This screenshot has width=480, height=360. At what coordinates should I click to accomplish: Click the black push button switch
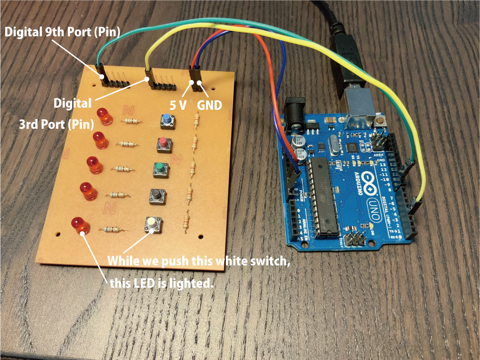click(156, 196)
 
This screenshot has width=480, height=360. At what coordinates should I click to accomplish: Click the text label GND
click(210, 104)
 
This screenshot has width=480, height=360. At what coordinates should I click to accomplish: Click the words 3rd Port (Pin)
click(57, 125)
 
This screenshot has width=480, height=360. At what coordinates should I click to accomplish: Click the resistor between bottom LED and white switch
click(111, 229)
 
